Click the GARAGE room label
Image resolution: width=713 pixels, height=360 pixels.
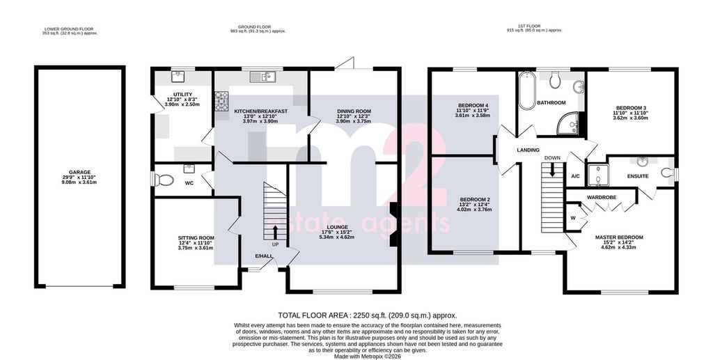coord(79,172)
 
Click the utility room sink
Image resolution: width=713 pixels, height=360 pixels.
coord(178,77)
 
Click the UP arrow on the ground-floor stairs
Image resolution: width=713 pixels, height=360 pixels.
coord(275,232)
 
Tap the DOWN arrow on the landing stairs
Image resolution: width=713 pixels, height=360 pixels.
coord(552,170)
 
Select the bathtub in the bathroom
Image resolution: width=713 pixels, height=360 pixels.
coord(527,90)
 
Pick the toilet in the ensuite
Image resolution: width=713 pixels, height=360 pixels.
coord(668,173)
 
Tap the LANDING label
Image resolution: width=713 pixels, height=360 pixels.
coord(528,150)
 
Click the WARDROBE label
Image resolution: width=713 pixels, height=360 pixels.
coord(601,198)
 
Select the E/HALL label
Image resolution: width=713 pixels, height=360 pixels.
coord(264,257)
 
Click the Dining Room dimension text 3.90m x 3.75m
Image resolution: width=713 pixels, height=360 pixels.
coord(354,121)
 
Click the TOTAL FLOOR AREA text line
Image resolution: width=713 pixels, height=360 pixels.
coord(368,315)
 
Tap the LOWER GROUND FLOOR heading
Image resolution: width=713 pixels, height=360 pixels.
coord(70,27)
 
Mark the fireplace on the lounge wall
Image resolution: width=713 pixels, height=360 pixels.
coord(393,224)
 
